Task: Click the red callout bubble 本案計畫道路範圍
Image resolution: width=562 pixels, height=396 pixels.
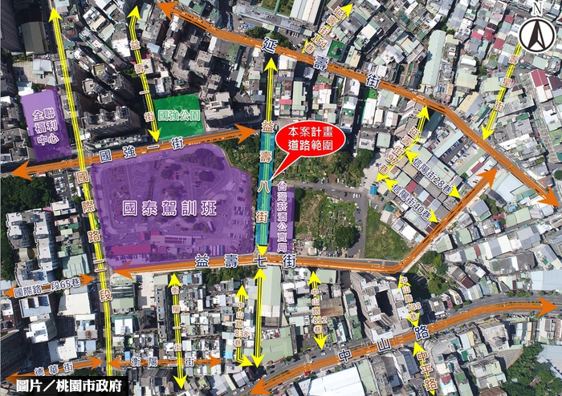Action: click(x=309, y=136)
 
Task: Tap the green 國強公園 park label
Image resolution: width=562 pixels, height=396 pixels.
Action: click(x=180, y=115)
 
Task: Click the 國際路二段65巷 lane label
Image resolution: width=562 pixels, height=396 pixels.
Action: click(x=47, y=283)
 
